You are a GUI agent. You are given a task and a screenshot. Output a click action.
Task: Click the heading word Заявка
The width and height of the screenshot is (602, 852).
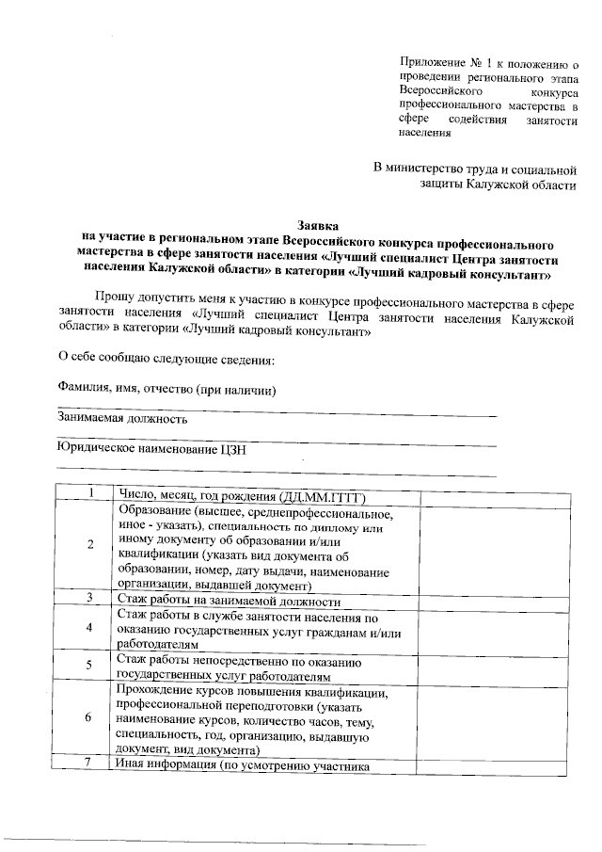317,227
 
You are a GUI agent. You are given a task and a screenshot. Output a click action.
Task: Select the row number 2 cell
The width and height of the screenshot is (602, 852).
90,545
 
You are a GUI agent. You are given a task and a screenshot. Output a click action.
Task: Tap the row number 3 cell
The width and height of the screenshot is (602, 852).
90,598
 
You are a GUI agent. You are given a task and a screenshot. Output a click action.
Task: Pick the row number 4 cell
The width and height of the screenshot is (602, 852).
90,628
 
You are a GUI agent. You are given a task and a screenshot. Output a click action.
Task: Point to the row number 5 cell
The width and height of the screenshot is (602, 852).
90,667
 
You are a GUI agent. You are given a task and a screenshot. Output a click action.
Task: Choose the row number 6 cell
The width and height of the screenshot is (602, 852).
90,717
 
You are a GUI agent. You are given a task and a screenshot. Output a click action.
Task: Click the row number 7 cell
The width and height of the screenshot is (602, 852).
90,764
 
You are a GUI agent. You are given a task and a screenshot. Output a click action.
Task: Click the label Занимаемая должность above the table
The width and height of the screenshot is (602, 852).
123,419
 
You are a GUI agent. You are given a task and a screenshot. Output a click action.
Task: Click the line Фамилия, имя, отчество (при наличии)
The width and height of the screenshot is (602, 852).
167,388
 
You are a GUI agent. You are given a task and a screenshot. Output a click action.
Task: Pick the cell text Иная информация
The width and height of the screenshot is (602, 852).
166,764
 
